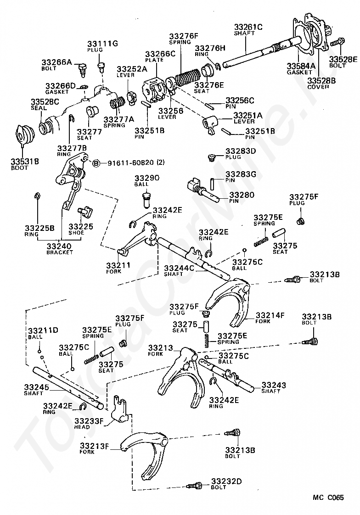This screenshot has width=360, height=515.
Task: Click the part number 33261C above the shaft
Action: tap(248, 27)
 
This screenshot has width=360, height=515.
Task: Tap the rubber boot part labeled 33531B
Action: tap(23, 135)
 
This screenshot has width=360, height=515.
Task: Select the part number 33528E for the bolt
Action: tap(343, 59)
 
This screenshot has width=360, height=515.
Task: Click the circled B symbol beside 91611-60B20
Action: tap(96, 163)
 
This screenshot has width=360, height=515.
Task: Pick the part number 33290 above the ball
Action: tap(147, 178)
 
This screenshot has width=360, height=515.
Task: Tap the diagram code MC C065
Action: tap(328, 498)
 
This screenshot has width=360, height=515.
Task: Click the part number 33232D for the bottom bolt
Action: tap(226, 481)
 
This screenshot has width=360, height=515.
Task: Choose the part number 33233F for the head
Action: tap(89, 421)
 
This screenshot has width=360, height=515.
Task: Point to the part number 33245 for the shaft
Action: tap(36, 387)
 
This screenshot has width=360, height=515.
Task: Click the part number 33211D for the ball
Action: tap(43, 330)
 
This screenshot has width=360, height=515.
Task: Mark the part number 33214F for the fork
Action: tap(270, 315)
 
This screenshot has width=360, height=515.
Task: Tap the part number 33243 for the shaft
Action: tap(274, 385)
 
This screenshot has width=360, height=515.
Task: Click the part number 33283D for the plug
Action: tap(241, 151)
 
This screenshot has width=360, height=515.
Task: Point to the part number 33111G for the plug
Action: tap(102, 44)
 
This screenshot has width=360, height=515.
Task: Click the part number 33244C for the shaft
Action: tap(179, 268)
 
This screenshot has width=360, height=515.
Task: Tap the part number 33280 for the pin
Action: tap(242, 195)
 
